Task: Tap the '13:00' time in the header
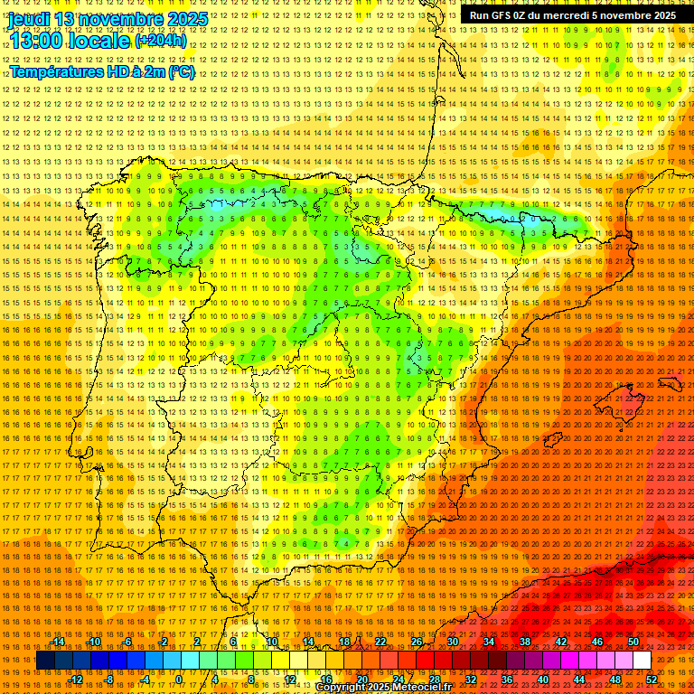35,40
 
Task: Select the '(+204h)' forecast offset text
161,40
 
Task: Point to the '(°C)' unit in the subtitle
181,71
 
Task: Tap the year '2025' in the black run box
659,15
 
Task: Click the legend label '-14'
60,642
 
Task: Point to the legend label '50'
633,642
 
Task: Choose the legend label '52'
652,680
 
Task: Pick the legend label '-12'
77,680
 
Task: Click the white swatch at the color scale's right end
642,661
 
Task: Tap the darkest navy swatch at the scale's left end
45,661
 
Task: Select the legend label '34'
489,642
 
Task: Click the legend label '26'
417,642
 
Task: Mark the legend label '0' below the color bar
179,680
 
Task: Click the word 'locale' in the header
98,40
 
